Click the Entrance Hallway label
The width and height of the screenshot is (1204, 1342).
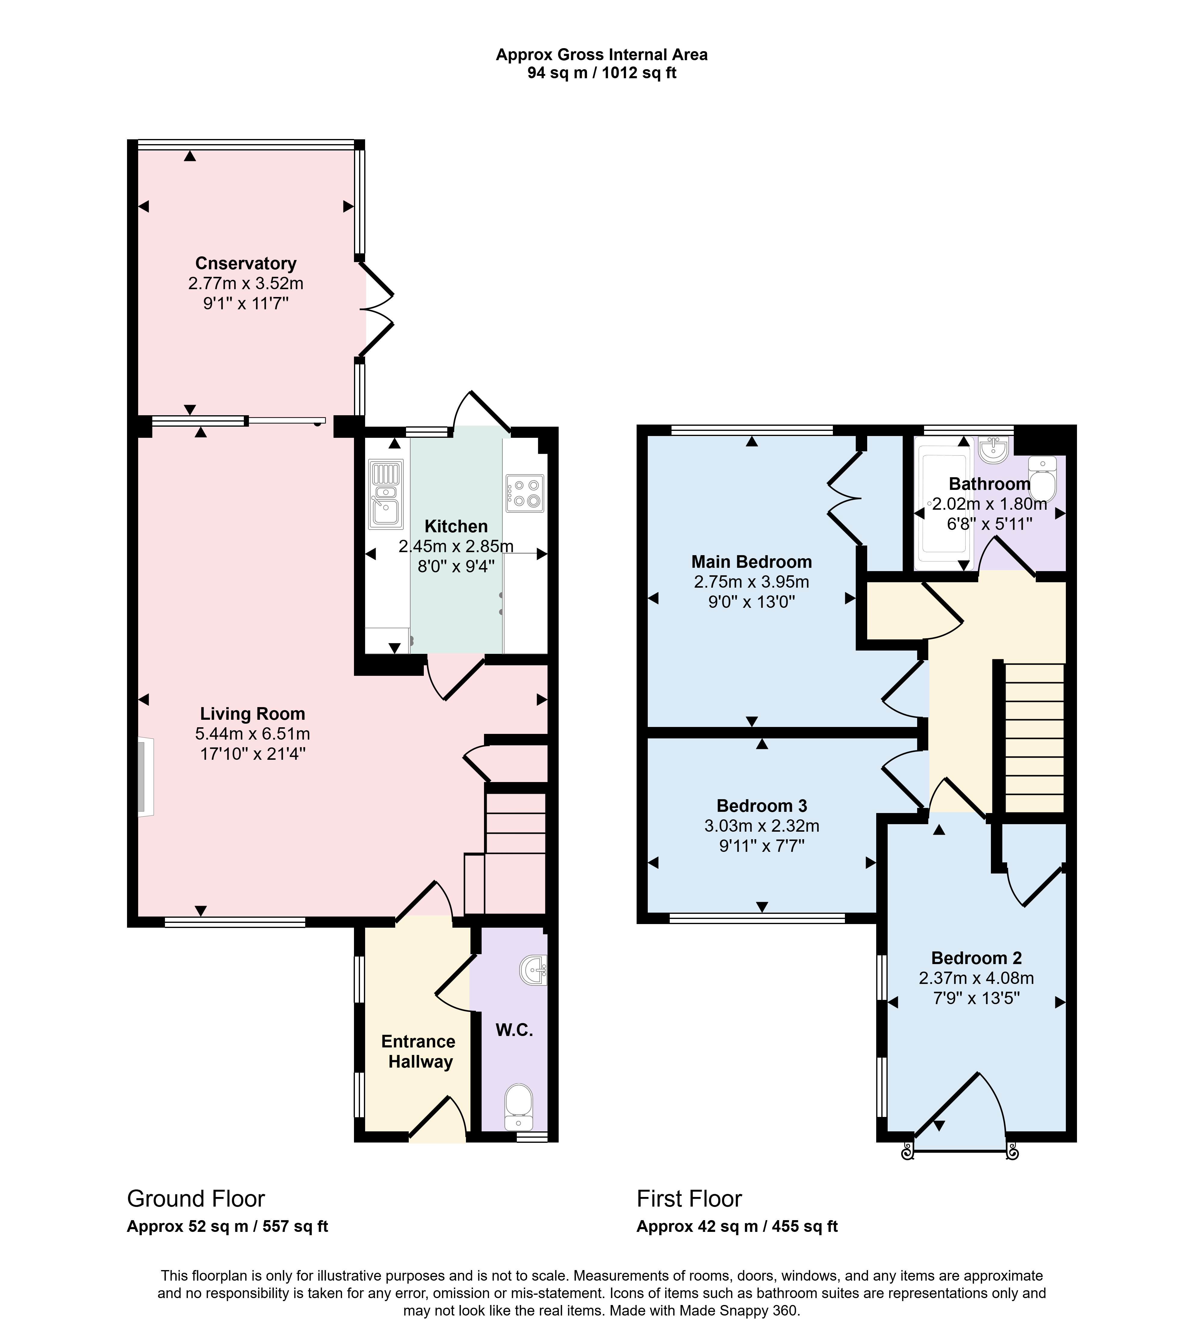[419, 1052]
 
